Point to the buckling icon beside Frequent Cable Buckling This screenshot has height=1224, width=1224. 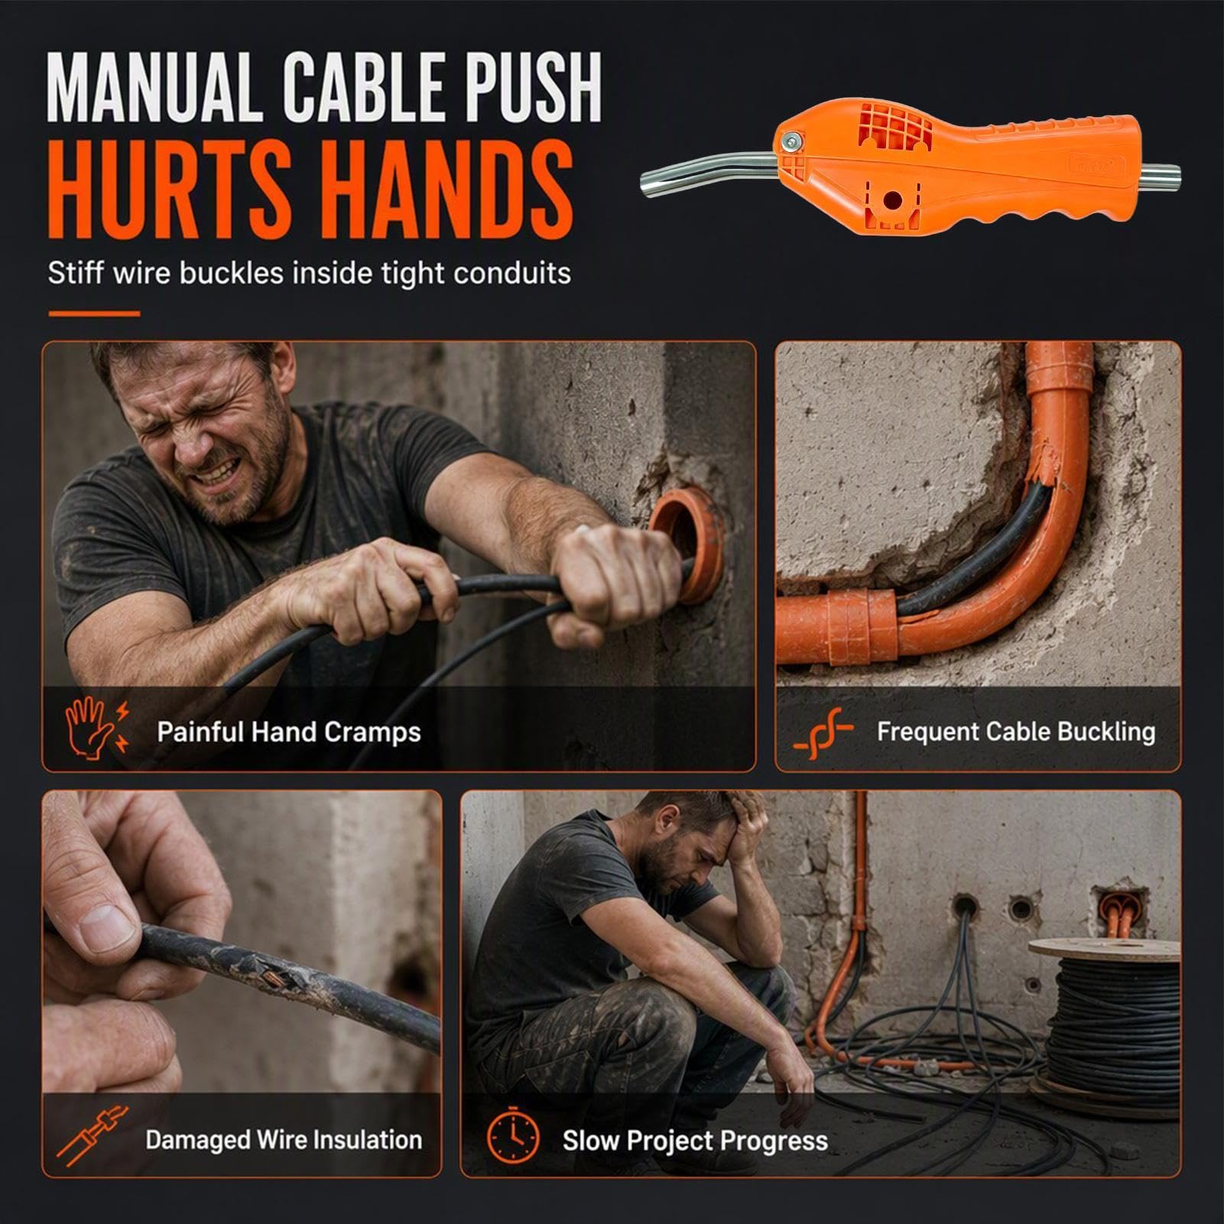pyautogui.click(x=822, y=732)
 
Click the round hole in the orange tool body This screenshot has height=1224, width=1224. pyautogui.click(x=891, y=200)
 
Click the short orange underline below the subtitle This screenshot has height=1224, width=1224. pyautogui.click(x=94, y=313)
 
